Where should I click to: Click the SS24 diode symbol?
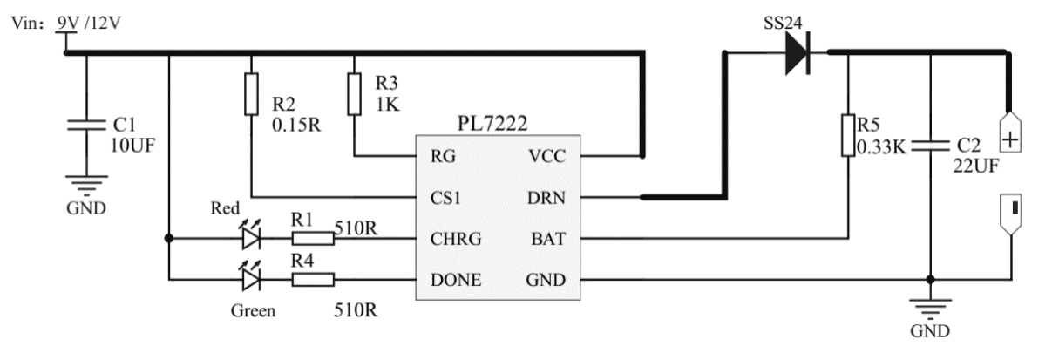tap(796, 54)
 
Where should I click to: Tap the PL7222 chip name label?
tap(492, 126)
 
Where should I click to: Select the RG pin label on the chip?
tap(441, 157)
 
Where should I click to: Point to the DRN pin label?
tap(546, 198)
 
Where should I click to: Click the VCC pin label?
tap(546, 157)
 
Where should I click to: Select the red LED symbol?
tap(251, 237)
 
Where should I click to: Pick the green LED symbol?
tap(251, 279)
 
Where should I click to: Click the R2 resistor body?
tap(252, 94)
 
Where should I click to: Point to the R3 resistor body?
tap(355, 94)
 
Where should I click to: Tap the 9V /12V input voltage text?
tap(89, 24)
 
